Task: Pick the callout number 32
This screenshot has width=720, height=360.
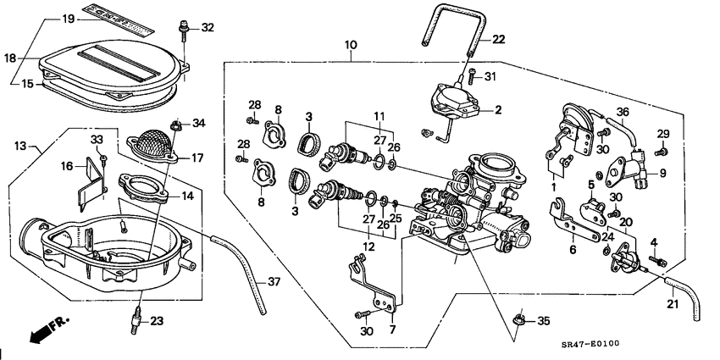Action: [x=208, y=28]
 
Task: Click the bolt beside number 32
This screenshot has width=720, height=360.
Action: [x=183, y=30]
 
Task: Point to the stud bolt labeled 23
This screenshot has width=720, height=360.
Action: [x=134, y=321]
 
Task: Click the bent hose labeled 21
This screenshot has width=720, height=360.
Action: [x=686, y=296]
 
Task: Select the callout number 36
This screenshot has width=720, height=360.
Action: [x=623, y=112]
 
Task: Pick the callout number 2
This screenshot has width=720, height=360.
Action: [x=499, y=109]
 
